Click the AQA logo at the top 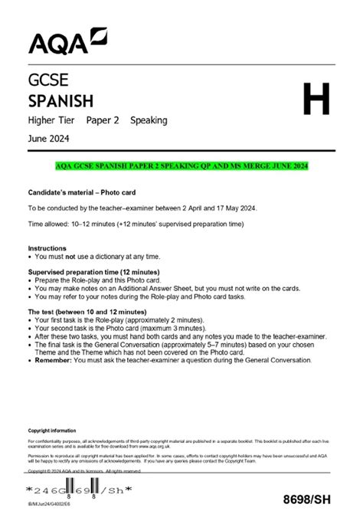pos(67,40)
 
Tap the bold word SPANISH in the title pos(60,100)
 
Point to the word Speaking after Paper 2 pos(149,120)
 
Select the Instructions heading pos(47,248)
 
